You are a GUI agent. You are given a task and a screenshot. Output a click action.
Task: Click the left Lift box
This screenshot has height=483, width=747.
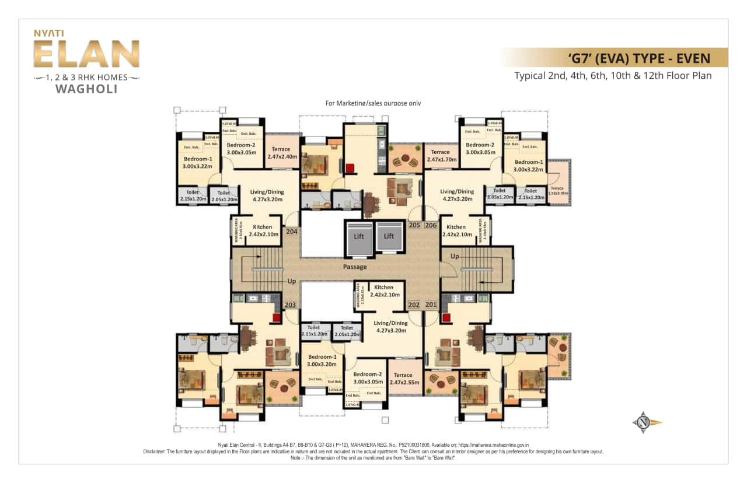point(359,236)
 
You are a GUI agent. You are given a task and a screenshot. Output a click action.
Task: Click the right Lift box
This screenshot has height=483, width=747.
point(389,236)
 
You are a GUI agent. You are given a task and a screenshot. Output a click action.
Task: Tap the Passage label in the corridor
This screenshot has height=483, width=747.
point(355,267)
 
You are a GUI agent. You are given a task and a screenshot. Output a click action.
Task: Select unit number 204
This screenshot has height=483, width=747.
point(292,231)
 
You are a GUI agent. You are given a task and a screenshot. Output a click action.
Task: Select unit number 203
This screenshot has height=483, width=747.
point(290,305)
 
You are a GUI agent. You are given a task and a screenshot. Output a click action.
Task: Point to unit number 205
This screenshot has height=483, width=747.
point(415,225)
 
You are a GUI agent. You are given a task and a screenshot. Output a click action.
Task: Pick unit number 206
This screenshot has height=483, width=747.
point(431,225)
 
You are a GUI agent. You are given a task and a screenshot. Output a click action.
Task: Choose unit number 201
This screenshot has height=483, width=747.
point(431,305)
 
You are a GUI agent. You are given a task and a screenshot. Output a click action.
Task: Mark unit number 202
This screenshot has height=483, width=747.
point(414,305)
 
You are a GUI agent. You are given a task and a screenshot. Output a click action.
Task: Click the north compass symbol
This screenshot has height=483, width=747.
point(644,422)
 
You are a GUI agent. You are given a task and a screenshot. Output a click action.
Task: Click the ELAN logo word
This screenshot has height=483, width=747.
point(86,55)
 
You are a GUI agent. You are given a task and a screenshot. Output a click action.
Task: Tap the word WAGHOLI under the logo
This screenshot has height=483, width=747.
point(86,89)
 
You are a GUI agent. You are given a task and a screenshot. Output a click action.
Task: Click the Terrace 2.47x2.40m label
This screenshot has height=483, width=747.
point(283,153)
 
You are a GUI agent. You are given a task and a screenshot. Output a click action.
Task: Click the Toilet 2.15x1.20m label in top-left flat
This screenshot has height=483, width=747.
point(193,195)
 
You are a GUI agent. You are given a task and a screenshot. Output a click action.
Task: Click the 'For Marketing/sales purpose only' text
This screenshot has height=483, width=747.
point(373,103)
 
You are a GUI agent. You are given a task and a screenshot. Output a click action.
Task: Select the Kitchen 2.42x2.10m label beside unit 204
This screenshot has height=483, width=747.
point(263,230)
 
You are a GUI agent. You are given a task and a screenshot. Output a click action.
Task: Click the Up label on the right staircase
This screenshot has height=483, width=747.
point(455,256)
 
